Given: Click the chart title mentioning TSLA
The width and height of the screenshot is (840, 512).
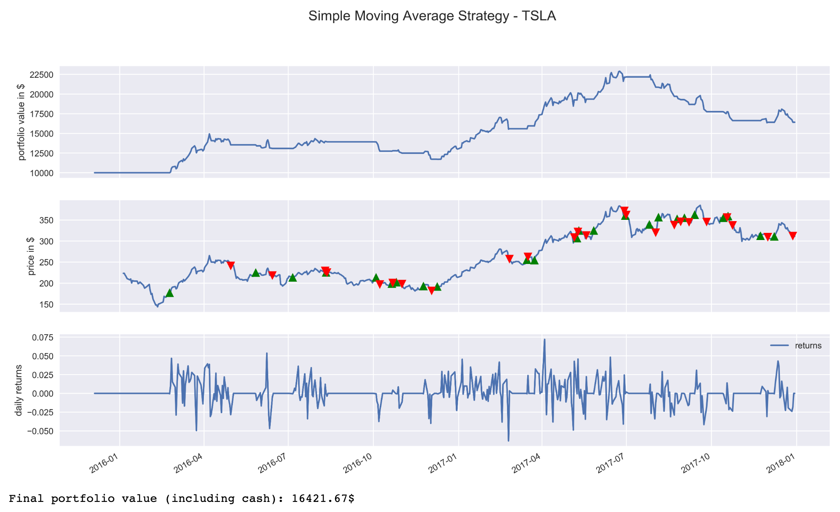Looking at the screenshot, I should point(432,16).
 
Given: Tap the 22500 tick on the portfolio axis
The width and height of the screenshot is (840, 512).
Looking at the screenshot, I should point(42,75).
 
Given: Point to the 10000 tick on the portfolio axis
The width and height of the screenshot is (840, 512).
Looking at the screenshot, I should point(42,173).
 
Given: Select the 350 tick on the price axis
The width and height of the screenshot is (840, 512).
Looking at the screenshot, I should point(47,220).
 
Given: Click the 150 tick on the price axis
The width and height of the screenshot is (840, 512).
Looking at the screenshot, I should point(47,305).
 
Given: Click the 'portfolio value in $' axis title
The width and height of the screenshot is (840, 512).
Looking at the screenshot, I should point(22,122).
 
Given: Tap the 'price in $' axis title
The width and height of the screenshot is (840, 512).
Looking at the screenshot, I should point(30,256).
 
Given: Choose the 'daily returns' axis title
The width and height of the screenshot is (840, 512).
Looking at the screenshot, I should point(18,390).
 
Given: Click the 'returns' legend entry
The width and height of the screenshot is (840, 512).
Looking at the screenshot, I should point(808,346).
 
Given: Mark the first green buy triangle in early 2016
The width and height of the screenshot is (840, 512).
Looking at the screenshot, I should point(169,293).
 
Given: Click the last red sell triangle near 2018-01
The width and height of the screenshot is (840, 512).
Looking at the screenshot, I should point(792,236).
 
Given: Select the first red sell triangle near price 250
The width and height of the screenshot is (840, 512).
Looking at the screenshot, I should point(230,266).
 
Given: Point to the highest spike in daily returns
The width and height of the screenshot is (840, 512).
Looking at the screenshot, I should point(544,340).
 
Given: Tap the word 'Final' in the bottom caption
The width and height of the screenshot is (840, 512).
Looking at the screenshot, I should point(27,499).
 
